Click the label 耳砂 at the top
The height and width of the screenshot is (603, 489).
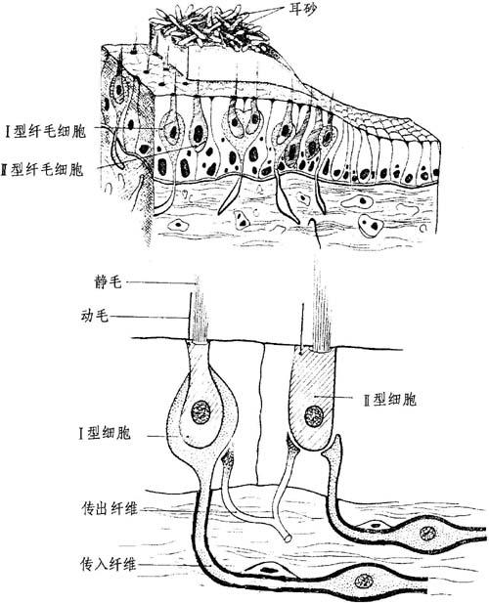[x=302, y=10]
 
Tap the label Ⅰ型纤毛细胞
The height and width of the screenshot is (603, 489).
[x=45, y=132]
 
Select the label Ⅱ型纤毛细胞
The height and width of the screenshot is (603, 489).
[x=42, y=169]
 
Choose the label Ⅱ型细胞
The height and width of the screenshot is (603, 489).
[x=390, y=400]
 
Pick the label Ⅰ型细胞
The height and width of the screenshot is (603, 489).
[x=105, y=433]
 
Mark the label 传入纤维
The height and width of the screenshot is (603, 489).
[x=109, y=564]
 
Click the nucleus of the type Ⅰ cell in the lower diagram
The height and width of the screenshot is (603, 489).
[x=201, y=411]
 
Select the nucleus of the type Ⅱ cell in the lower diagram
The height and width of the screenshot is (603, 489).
[x=314, y=416]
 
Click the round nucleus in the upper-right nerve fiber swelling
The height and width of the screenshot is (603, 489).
[x=427, y=533]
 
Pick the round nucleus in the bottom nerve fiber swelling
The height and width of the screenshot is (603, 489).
[x=362, y=580]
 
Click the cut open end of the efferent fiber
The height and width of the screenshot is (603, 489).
[x=287, y=538]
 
